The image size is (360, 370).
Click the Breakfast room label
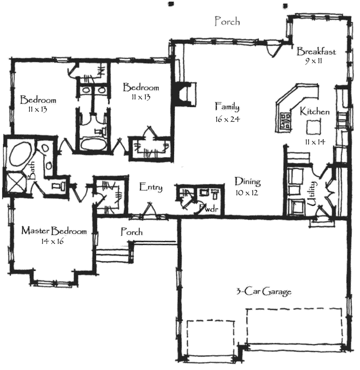317,52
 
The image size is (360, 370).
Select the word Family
227,106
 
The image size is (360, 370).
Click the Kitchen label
315,112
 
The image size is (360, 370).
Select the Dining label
248,182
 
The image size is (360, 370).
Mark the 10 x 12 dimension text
248,193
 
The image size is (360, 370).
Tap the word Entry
150,187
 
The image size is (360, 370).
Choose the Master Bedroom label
54,231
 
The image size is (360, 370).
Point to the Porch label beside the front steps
132,232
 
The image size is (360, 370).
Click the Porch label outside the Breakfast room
227,21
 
